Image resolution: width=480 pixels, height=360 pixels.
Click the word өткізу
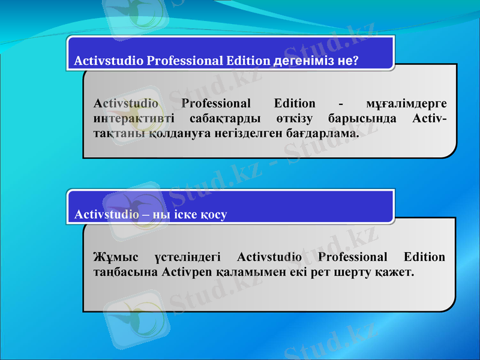pyautogui.click(x=295, y=118)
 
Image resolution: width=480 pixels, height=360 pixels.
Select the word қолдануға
pyautogui.click(x=167, y=133)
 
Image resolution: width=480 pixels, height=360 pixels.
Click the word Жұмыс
pyautogui.click(x=116, y=257)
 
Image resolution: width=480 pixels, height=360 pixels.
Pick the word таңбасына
pyautogui.click(x=124, y=272)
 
